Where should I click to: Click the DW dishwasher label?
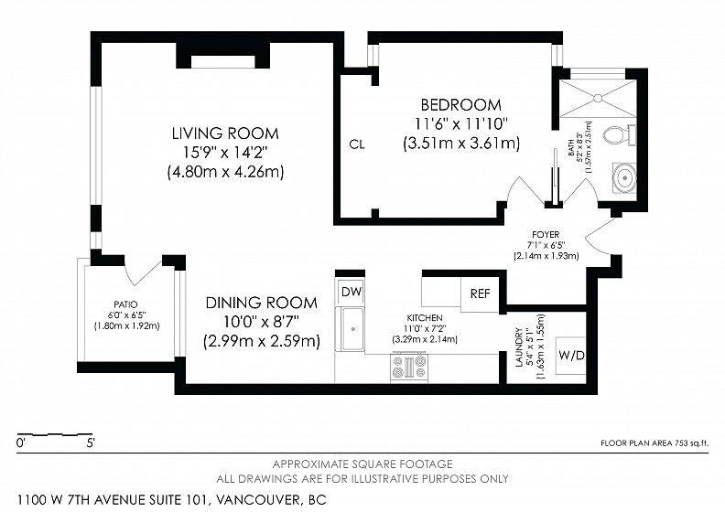tap(352, 292)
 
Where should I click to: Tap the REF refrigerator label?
tap(480, 293)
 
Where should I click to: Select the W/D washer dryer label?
tap(571, 356)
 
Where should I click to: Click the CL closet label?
tap(357, 144)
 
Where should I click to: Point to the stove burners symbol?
tap(409, 367)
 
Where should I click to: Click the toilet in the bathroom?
tap(618, 135)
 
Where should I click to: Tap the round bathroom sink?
tap(624, 177)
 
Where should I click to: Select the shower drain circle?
tap(598, 98)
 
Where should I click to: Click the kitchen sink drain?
tap(352, 329)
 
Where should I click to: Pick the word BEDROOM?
tap(460, 105)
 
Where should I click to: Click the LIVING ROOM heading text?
tap(225, 133)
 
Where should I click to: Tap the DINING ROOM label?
tap(261, 303)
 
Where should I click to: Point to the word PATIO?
tap(125, 304)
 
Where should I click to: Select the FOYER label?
tap(546, 235)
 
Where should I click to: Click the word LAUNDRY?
tap(518, 347)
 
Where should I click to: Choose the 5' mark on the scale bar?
tap(90, 443)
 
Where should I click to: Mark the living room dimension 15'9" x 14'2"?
tap(225, 153)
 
